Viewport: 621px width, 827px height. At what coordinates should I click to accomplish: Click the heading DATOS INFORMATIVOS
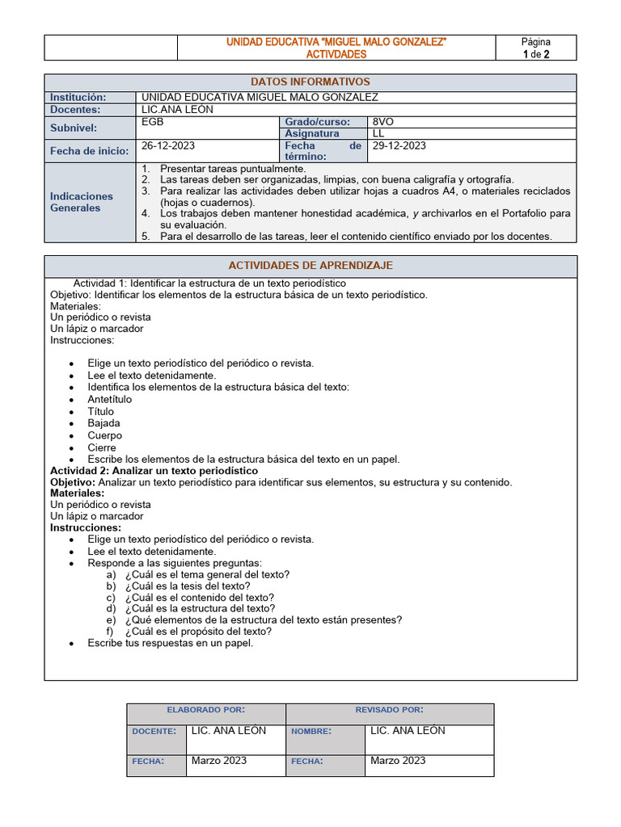pyautogui.click(x=310, y=82)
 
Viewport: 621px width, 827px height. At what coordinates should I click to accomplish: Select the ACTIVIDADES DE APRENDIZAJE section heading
pyautogui.click(x=310, y=266)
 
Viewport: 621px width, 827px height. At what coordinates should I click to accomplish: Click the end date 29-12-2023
pyautogui.click(x=399, y=146)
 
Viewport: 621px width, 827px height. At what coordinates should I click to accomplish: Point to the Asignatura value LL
pyautogui.click(x=378, y=133)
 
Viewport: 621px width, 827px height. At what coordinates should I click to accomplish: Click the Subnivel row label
pyautogui.click(x=74, y=128)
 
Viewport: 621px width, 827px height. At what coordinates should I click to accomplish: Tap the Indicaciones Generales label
pyautogui.click(x=82, y=202)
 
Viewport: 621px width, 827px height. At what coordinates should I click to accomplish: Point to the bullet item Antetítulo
pyautogui.click(x=110, y=399)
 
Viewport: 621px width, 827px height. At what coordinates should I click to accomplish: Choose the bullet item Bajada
pyautogui.click(x=103, y=423)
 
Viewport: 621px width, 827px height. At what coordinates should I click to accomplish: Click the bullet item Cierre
pyautogui.click(x=102, y=447)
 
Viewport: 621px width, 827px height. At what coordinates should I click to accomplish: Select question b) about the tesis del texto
pyautogui.click(x=188, y=586)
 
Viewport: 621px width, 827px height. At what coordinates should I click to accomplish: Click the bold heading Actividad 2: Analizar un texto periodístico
pyautogui.click(x=154, y=471)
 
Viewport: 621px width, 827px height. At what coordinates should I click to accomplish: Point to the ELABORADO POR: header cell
pyautogui.click(x=205, y=710)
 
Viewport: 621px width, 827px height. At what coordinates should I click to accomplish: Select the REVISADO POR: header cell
pyautogui.click(x=389, y=710)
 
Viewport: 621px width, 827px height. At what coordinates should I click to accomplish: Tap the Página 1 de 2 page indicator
pyautogui.click(x=535, y=48)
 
